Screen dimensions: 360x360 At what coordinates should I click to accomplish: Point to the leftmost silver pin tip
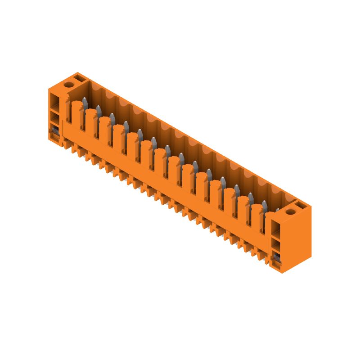pyautogui.click(x=84, y=102)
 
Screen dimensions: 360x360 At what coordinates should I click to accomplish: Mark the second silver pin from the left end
pyautogui.click(x=98, y=110)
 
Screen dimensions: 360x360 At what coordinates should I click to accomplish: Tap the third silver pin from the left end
pyautogui.click(x=112, y=118)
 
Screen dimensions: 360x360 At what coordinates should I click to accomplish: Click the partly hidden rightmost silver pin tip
pyautogui.click(x=277, y=210)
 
